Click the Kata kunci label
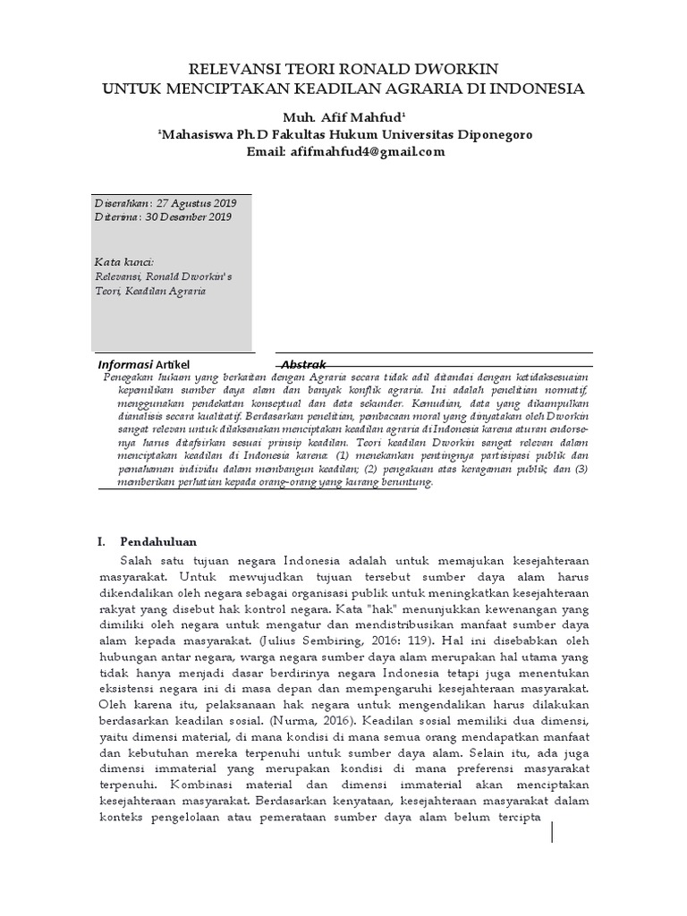[124, 262]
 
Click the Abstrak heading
[303, 365]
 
